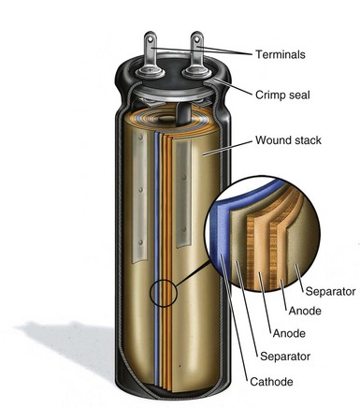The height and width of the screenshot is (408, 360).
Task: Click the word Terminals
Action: click(x=281, y=54)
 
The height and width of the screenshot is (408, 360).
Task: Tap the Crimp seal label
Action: click(x=282, y=95)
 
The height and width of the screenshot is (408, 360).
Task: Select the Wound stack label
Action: click(x=288, y=140)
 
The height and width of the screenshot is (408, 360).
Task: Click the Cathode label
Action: click(x=271, y=382)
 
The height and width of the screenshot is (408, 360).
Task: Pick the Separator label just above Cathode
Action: click(x=285, y=357)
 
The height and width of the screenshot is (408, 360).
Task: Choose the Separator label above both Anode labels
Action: click(x=330, y=291)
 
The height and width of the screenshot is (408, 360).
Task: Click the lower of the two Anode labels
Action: click(x=289, y=333)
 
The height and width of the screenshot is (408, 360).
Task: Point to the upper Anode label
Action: click(x=305, y=311)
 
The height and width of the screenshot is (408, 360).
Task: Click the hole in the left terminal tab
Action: click(x=151, y=39)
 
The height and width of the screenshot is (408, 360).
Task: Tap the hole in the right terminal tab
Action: click(x=196, y=39)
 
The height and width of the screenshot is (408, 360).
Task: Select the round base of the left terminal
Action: click(x=150, y=72)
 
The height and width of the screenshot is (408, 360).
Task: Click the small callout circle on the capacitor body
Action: click(x=164, y=293)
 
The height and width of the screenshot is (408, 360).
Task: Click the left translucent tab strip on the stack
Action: click(x=139, y=197)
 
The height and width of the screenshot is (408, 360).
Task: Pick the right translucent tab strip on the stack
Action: click(x=184, y=194)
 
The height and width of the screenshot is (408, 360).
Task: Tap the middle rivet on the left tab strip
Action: click(x=140, y=189)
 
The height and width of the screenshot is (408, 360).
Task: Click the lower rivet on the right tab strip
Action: click(x=184, y=229)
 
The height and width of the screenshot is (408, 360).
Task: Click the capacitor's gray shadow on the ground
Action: click(x=67, y=346)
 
